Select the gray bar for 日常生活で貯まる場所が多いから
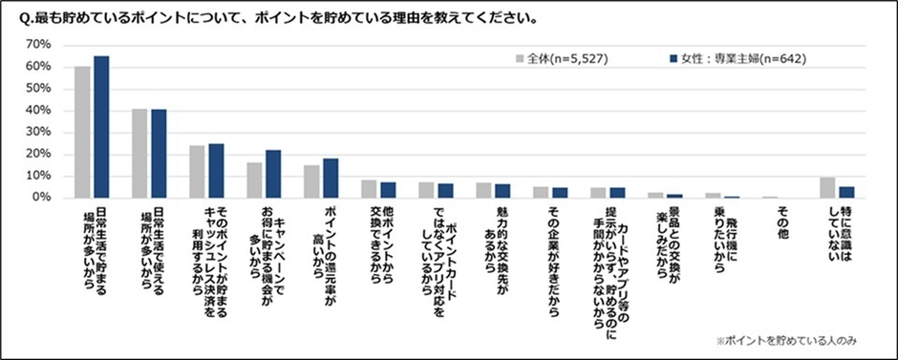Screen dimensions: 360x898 pyautogui.click(x=83, y=132)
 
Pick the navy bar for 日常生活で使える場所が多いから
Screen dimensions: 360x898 pyautogui.click(x=159, y=154)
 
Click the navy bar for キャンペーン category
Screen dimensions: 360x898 pyautogui.click(x=273, y=174)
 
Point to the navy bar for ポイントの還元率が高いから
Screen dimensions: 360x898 pyautogui.click(x=331, y=179)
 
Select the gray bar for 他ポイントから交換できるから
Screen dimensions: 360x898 pyautogui.click(x=369, y=189)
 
